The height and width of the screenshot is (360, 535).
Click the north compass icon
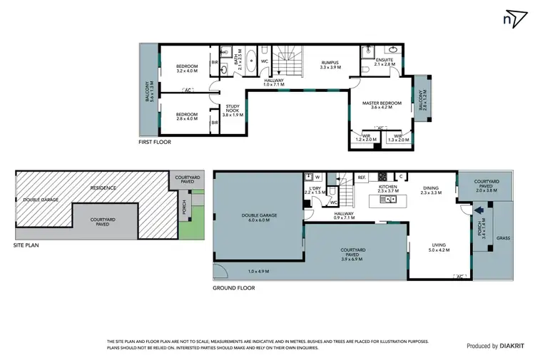[511, 19]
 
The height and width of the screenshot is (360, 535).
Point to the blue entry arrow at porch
[479, 210]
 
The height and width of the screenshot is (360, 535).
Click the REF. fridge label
[362, 177]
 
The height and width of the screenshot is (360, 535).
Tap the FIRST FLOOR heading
[155, 142]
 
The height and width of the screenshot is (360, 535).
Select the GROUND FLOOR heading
[234, 288]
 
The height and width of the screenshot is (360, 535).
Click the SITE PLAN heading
[27, 244]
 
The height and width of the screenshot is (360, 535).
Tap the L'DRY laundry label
[314, 190]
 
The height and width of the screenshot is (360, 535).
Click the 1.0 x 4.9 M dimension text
[258, 272]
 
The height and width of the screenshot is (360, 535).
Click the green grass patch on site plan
[188, 229]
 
